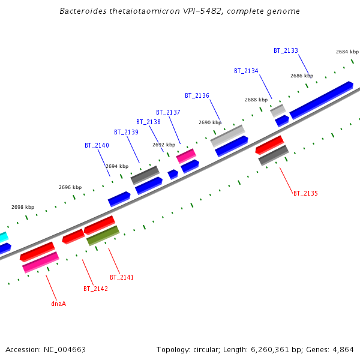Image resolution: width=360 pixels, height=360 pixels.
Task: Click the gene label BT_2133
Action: click(286, 51)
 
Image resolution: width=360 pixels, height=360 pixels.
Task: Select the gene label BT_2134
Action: click(246, 71)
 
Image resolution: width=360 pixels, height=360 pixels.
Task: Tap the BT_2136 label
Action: click(197, 95)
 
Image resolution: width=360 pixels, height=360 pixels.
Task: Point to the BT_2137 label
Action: click(168, 112)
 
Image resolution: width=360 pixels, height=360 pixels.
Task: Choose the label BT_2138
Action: click(148, 122)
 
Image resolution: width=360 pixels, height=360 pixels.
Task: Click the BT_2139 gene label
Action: click(126, 132)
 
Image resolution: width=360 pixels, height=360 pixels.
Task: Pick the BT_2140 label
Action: click(97, 145)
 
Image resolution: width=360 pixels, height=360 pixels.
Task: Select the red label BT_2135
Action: click(305, 193)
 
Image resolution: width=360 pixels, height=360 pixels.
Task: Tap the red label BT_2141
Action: click(122, 277)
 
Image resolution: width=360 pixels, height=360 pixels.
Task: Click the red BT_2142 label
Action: click(95, 289)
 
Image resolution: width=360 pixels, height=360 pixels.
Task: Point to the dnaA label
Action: click(58, 304)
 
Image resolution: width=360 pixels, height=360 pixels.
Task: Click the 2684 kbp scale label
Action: click(347, 52)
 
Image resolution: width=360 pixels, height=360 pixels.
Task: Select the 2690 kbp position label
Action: click(209, 122)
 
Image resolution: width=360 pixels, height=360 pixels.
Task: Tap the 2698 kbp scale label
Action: click(23, 207)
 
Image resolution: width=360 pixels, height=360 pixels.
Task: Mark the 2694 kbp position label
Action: click(117, 166)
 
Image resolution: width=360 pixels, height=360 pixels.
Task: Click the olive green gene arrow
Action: click(103, 236)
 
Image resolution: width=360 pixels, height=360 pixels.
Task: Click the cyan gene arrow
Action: click(3, 237)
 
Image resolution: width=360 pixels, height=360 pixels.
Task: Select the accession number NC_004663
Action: click(64, 349)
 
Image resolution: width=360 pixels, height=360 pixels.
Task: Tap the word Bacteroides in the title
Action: click(83, 11)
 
